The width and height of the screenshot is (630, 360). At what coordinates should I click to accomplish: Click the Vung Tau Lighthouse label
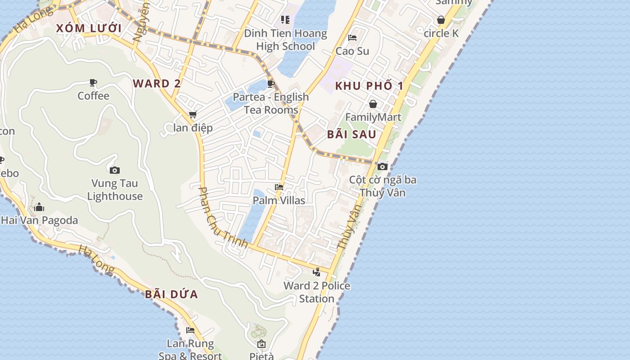click(115, 190)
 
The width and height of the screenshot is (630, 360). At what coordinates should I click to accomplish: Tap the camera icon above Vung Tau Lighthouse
click(115, 170)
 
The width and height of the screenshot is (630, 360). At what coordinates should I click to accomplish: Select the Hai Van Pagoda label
click(40, 220)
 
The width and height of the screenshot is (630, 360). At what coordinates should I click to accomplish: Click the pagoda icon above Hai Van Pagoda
click(39, 207)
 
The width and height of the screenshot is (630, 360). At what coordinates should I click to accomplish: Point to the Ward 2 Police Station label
click(317, 292)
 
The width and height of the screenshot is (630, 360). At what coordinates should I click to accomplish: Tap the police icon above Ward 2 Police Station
click(317, 272)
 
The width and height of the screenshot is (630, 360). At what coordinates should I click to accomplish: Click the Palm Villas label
click(279, 200)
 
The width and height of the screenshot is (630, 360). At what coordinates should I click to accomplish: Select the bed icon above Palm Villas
click(279, 187)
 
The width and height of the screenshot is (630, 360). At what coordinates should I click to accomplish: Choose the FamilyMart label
click(373, 117)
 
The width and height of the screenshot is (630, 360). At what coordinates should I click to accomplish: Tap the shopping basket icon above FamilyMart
click(373, 104)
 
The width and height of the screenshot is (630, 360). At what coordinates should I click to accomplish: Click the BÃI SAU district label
click(351, 134)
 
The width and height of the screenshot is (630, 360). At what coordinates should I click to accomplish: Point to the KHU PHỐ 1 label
click(369, 86)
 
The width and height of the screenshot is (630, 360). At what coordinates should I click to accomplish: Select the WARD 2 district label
click(157, 83)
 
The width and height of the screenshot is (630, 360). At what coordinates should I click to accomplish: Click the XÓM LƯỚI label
click(89, 28)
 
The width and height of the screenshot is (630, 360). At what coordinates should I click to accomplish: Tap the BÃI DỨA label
click(171, 295)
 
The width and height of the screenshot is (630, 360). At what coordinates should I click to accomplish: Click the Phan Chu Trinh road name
click(223, 217)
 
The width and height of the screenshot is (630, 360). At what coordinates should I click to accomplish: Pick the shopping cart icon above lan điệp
click(193, 115)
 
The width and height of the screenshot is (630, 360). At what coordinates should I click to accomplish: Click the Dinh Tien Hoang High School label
click(285, 40)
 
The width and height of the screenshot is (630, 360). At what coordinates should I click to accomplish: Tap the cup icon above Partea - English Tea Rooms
click(270, 84)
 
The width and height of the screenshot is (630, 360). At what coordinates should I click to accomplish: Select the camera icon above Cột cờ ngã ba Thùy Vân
click(382, 166)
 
